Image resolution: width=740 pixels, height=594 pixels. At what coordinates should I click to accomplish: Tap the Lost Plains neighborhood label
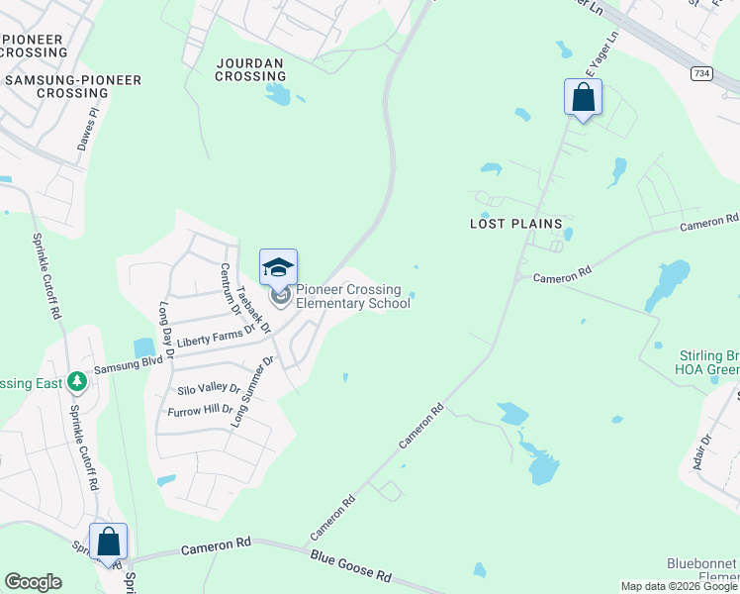coord(514,225)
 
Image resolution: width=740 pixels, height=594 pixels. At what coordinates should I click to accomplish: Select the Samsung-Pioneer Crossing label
coord(72,86)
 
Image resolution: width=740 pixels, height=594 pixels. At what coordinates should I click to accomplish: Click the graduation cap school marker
coord(279,268)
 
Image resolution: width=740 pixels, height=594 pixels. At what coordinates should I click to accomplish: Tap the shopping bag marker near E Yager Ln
coord(583,98)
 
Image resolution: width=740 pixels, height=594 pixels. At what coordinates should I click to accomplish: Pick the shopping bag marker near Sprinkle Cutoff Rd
coord(108,543)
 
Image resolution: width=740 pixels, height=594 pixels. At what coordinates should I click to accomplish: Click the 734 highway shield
coord(701,73)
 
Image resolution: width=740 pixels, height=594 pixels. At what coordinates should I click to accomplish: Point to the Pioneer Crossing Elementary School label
coord(353,297)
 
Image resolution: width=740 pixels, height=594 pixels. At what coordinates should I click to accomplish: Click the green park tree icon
coord(75,382)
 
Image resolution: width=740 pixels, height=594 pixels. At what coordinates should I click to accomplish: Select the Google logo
coord(33,582)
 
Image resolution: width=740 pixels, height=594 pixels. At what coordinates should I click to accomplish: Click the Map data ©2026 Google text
coord(680,586)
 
